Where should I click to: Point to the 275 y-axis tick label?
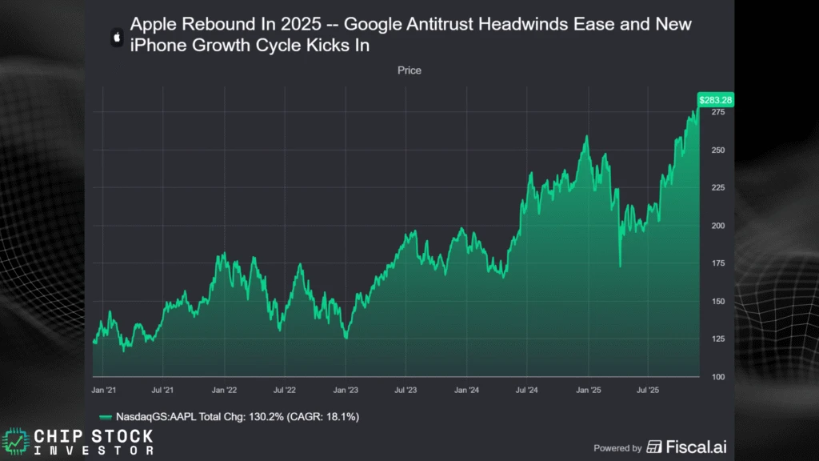click(x=717, y=113)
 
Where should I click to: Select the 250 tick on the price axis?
click(x=717, y=150)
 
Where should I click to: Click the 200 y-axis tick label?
click(x=717, y=226)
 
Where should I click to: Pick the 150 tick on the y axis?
click(x=717, y=302)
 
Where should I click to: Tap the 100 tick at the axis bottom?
click(x=717, y=377)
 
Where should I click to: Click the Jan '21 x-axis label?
click(x=104, y=391)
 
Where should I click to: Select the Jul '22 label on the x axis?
click(x=286, y=391)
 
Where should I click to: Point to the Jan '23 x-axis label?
click(x=346, y=391)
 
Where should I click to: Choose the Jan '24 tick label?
click(x=466, y=391)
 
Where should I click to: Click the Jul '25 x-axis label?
click(x=648, y=391)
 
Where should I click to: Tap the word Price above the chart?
click(x=409, y=70)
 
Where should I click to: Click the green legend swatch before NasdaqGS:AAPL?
click(x=105, y=417)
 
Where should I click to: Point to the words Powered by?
click(x=617, y=448)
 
